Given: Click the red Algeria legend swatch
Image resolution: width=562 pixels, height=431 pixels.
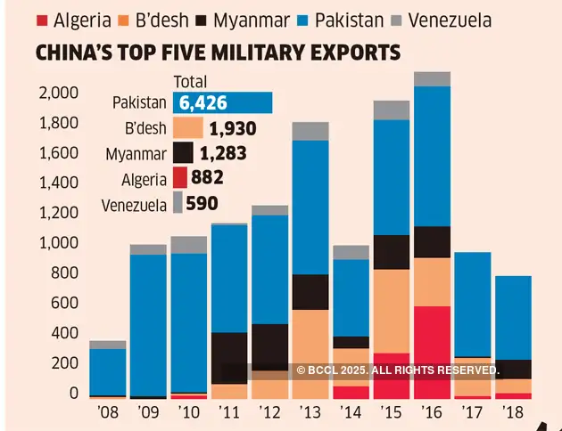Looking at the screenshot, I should (40, 19).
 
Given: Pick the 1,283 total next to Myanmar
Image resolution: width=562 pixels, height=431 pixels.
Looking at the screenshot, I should (223, 153).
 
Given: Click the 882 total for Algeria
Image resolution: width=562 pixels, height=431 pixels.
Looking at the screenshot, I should (207, 177).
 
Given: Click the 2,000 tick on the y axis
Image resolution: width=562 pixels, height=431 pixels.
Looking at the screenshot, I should (58, 93).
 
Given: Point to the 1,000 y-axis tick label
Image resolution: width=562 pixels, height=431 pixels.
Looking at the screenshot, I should (58, 243).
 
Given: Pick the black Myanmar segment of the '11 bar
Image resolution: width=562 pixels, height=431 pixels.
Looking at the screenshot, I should (229, 358).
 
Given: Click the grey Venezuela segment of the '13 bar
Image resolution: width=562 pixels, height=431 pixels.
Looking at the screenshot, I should (310, 131).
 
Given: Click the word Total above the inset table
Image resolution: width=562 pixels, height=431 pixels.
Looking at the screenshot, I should (190, 80).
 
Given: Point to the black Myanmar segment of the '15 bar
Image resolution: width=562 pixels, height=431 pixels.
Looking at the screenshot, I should (392, 252).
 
